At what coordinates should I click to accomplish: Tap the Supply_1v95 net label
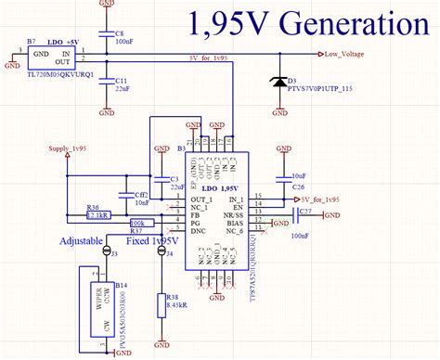pos(68,149)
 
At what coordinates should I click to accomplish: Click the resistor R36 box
pos(97,213)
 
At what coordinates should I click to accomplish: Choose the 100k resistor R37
pos(142,224)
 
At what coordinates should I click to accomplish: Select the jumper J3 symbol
pos(106,251)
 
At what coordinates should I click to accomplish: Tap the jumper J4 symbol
pos(162,251)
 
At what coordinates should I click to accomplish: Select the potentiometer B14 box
pos(93,305)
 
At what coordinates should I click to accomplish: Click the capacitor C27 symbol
pos(298,216)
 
